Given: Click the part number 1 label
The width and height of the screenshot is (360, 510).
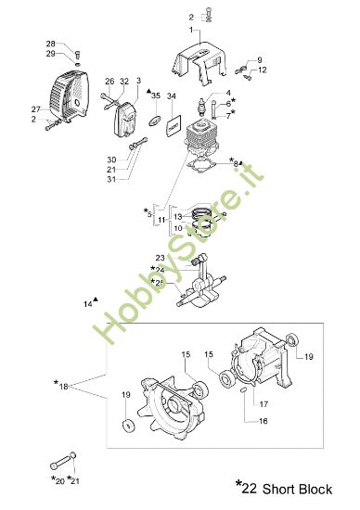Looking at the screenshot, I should click(x=193, y=30).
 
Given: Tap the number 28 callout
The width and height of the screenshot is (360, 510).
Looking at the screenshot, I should click(x=51, y=44).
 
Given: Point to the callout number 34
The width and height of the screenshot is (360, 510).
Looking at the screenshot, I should click(x=171, y=96).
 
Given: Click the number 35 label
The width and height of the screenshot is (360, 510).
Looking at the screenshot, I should click(x=156, y=96).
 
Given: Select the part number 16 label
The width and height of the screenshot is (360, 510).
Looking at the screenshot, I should click(x=237, y=421).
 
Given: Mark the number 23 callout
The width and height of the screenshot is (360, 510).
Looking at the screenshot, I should click(x=160, y=258).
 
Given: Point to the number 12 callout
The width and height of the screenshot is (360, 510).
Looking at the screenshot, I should click(x=263, y=70).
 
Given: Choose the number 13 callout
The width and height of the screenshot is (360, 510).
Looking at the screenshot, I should click(x=177, y=216).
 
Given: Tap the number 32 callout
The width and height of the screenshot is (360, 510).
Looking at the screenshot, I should click(x=124, y=81).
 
